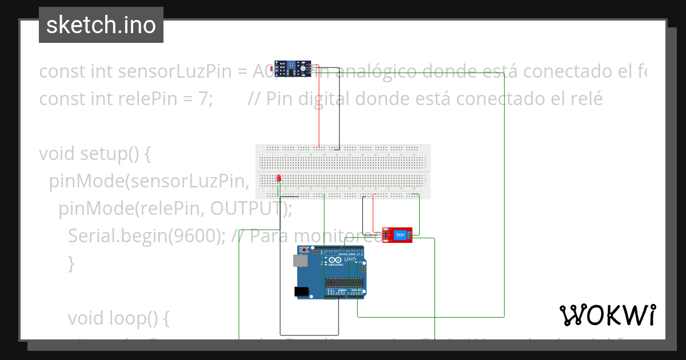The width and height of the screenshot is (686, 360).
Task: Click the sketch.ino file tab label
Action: (101, 25)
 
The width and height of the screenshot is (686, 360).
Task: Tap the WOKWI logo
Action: (607, 315)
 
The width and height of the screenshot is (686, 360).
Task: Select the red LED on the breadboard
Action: (278, 179)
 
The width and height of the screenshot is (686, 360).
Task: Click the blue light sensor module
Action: (294, 69)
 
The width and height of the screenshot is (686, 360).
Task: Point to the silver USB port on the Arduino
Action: (299, 261)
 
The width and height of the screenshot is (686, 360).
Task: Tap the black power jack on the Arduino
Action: (301, 291)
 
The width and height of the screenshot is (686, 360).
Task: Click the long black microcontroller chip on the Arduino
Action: (344, 281)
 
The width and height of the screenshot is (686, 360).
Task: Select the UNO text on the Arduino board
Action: (350, 259)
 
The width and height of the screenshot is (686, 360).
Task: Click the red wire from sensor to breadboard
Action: (319, 109)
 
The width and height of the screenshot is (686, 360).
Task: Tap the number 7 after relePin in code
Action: (203, 99)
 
